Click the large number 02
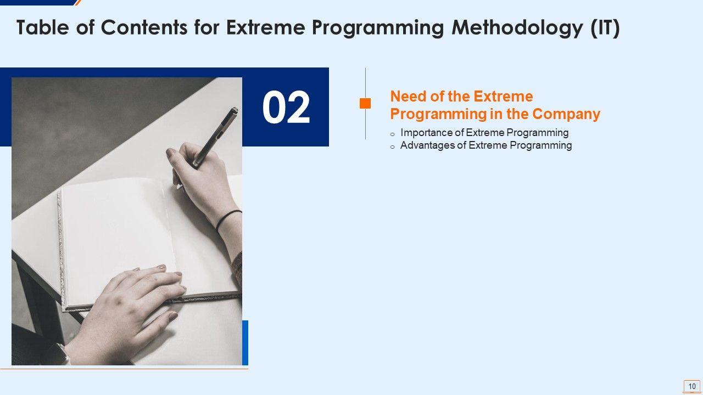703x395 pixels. click(x=286, y=107)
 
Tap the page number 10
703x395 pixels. click(x=692, y=386)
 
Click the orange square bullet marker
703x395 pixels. click(x=365, y=104)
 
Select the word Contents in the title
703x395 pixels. click(x=144, y=27)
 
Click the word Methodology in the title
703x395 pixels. click(x=518, y=28)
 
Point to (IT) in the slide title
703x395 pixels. click(x=605, y=28)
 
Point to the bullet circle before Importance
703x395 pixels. click(x=392, y=134)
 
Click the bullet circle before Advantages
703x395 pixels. click(x=392, y=146)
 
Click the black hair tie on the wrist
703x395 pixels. click(x=227, y=221)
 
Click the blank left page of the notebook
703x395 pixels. click(x=116, y=241)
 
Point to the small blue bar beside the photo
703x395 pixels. click(x=245, y=343)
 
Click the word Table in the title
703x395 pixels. click(x=42, y=27)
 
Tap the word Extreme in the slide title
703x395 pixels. click(x=265, y=27)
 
